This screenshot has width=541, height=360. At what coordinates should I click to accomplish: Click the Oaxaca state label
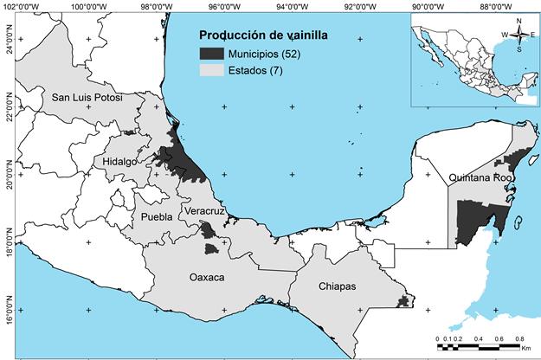(x=206, y=277)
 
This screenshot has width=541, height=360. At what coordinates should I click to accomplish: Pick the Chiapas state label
(x=337, y=286)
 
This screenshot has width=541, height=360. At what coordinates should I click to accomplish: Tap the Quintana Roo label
(x=481, y=177)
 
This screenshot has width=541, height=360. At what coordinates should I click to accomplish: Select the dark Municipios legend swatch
(x=211, y=54)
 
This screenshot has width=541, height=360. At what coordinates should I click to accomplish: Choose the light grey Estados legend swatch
(x=211, y=69)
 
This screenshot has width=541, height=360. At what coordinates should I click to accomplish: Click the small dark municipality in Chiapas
(x=403, y=301)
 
